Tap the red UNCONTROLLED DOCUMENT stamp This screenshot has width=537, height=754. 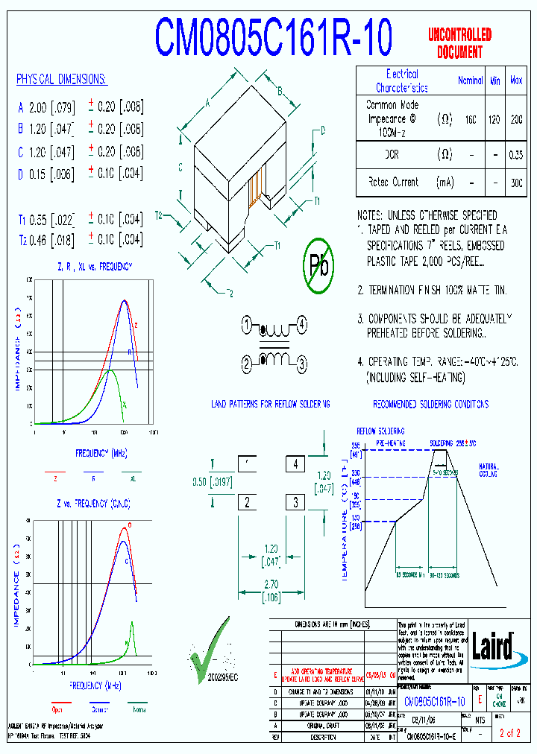459,43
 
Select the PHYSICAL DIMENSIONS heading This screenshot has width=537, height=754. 61,80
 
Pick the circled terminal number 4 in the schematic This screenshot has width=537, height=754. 301,325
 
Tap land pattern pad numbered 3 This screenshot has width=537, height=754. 296,501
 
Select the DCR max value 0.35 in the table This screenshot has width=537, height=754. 515,155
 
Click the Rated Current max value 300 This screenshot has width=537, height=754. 515,182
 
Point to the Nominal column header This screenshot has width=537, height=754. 470,80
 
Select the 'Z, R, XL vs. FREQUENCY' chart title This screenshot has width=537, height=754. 95,266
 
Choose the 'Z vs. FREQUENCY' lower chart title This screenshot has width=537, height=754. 94,504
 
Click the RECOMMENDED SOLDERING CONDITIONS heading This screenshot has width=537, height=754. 431,404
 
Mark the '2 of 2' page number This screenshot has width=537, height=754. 510,734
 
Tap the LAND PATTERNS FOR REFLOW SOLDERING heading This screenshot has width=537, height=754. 271,404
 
